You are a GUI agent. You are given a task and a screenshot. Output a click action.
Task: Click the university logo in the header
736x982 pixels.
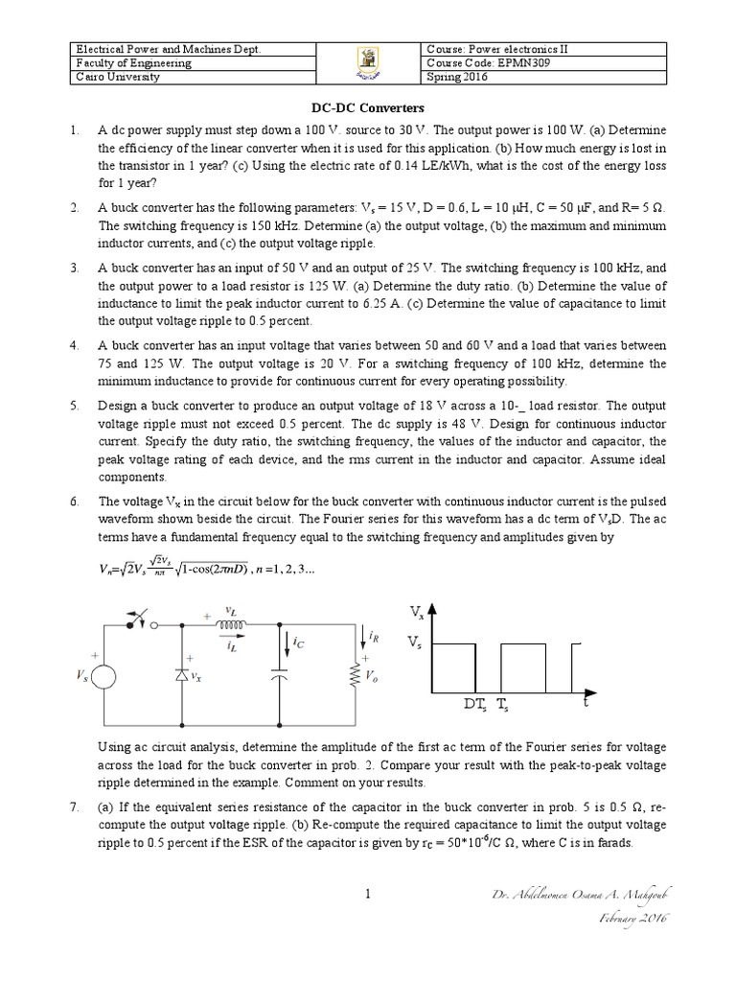[x=368, y=63]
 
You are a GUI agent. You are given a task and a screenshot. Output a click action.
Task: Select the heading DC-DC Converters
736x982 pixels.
[x=367, y=109]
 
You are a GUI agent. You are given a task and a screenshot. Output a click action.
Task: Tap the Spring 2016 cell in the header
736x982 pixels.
[x=457, y=78]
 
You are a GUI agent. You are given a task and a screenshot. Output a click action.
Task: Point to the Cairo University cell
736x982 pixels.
[x=118, y=78]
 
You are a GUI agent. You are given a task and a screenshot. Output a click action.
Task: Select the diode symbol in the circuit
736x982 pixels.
[x=182, y=675]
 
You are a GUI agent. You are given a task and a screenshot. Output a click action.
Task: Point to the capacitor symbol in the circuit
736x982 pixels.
[x=279, y=677]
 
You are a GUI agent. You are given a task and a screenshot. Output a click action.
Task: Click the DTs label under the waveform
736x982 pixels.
[x=476, y=705]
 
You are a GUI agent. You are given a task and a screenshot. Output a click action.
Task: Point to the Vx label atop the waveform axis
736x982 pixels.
[x=417, y=611]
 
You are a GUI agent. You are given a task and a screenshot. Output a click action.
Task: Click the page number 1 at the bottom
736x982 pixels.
[x=367, y=895]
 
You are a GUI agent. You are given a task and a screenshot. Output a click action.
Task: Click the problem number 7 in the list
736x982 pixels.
[x=74, y=807]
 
